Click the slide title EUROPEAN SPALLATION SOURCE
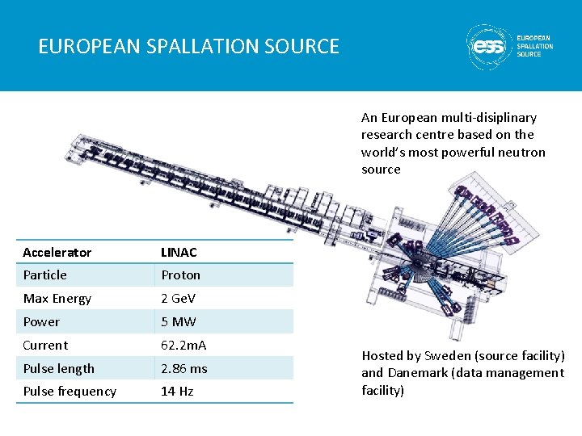click(189, 46)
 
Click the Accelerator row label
click(57, 253)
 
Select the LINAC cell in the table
click(179, 253)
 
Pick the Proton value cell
click(180, 275)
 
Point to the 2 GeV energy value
click(178, 299)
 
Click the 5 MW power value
click(178, 322)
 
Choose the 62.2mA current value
click(183, 346)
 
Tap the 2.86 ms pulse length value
click(184, 369)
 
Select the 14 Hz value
click(178, 392)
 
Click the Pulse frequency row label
click(70, 392)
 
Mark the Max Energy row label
click(57, 299)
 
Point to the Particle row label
click(45, 275)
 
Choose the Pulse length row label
click(59, 369)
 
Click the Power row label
click(41, 322)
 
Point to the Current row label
click(45, 346)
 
